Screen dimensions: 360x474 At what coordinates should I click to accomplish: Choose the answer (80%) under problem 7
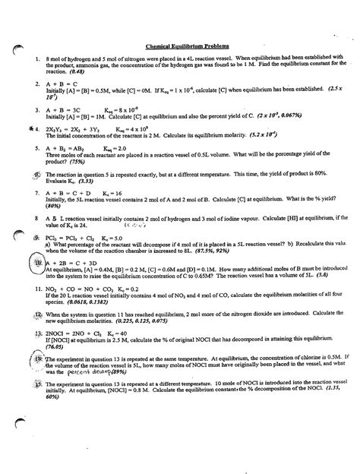click(52, 225)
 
